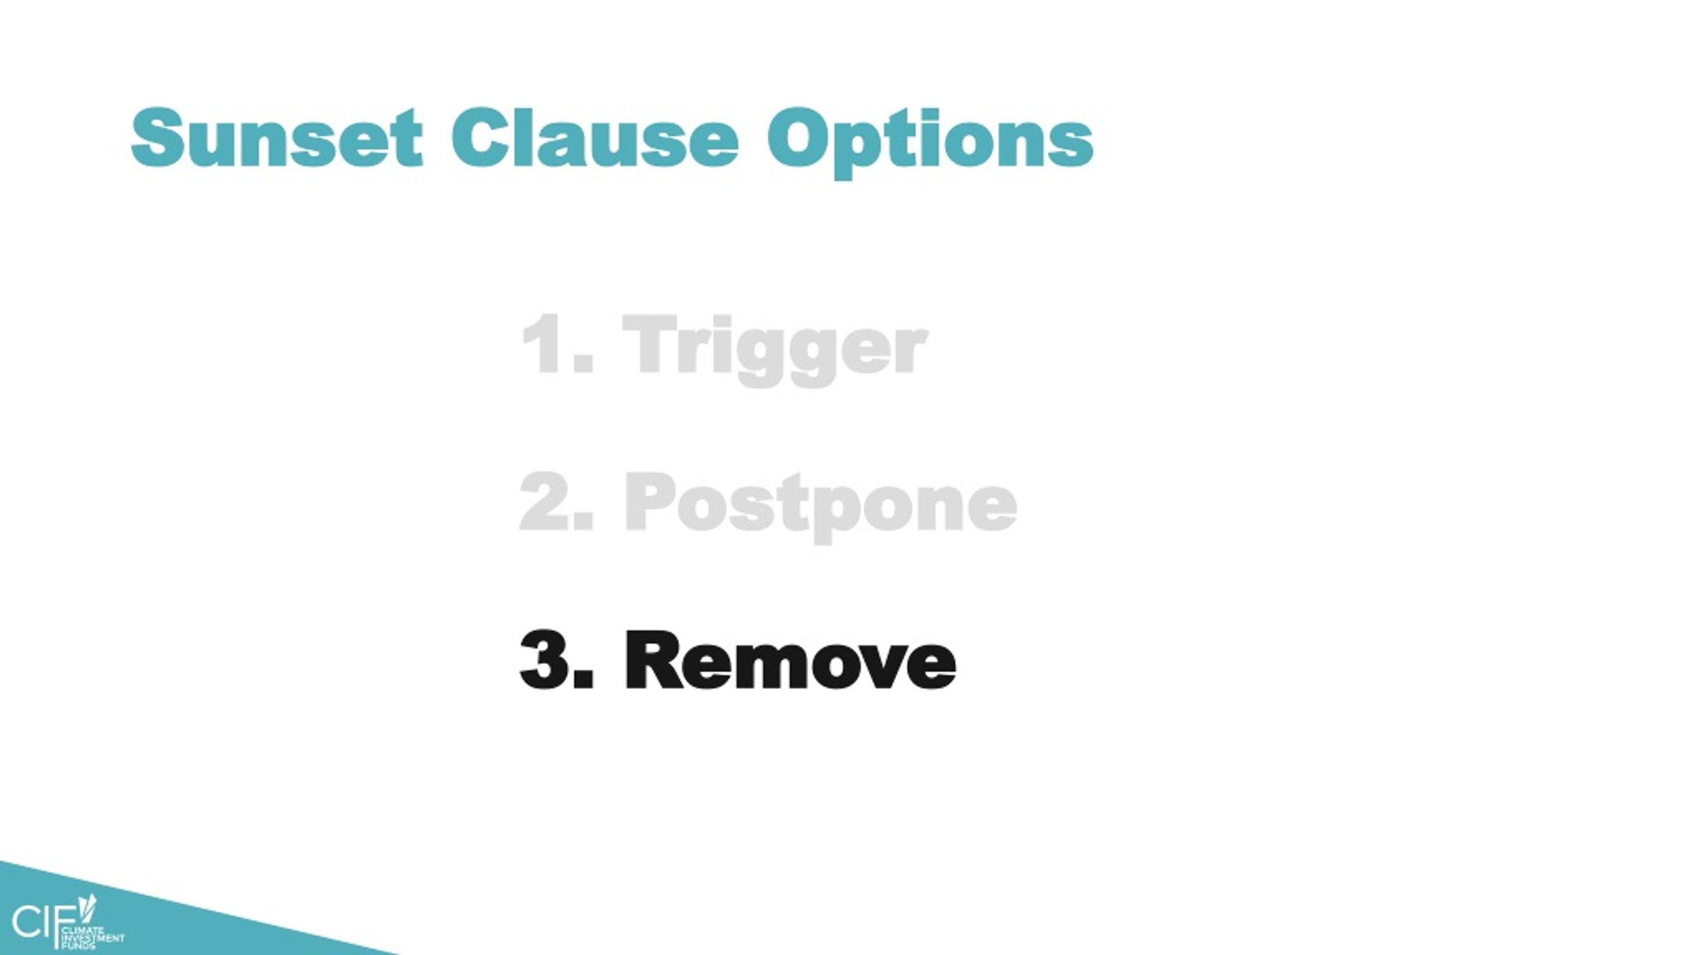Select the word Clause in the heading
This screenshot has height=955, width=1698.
pos(594,138)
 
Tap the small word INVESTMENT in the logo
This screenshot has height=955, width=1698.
pos(92,939)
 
